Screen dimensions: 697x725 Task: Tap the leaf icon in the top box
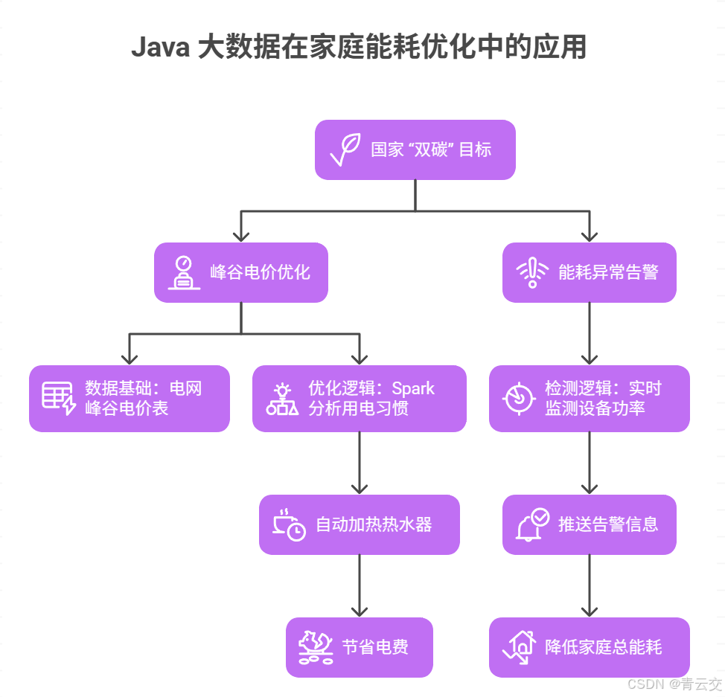(x=345, y=150)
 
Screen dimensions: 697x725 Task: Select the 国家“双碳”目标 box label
(x=431, y=150)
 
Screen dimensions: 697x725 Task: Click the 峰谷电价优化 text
(x=260, y=272)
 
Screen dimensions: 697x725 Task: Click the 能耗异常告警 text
(x=608, y=272)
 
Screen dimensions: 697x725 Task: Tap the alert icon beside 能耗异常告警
(x=532, y=272)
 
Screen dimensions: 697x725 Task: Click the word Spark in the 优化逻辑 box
(x=413, y=388)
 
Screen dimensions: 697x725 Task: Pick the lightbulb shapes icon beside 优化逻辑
(x=282, y=399)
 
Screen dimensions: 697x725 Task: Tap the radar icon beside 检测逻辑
(x=518, y=398)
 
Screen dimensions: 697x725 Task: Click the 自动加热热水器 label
(x=374, y=524)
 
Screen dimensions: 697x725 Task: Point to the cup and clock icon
(x=289, y=524)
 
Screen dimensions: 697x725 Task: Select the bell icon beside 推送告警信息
(x=532, y=524)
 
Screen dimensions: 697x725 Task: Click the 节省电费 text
(x=375, y=647)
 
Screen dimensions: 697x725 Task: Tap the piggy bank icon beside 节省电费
(x=316, y=647)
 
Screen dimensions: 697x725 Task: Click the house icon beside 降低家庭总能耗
(x=519, y=647)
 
